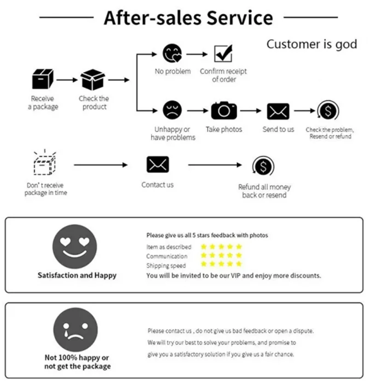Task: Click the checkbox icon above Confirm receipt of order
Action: (x=224, y=53)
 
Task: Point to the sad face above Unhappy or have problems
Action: (x=172, y=110)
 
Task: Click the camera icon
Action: (x=224, y=110)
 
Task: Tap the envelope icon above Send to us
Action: (x=278, y=111)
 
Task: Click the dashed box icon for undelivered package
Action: (x=44, y=163)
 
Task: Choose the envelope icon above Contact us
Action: (x=158, y=164)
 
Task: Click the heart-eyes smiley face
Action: (x=75, y=246)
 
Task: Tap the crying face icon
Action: (x=75, y=329)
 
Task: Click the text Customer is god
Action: (x=311, y=44)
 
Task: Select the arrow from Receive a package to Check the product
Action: (x=67, y=79)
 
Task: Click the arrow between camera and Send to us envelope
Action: (x=251, y=111)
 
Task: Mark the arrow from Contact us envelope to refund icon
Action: (x=214, y=164)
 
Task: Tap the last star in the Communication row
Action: (x=239, y=255)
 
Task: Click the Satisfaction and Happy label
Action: (x=77, y=276)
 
